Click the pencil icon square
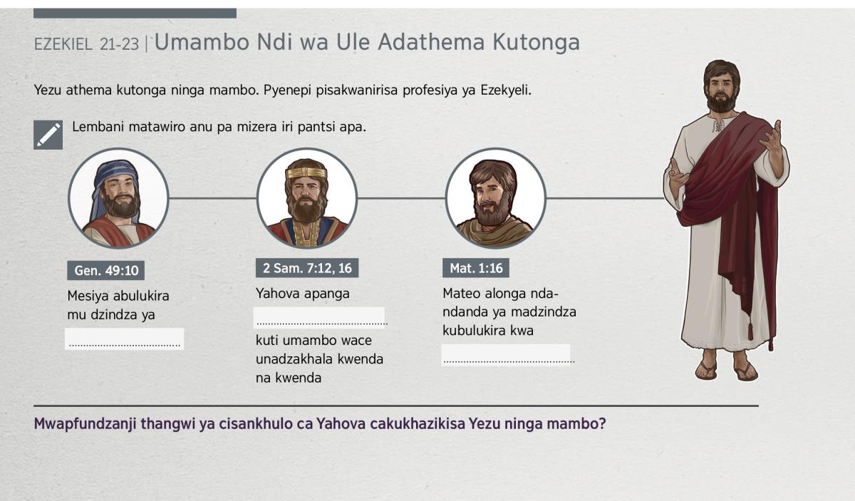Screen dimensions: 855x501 coord(48,135)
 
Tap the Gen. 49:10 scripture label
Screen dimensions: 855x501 coord(105,270)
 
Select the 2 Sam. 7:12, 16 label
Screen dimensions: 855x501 coord(307,268)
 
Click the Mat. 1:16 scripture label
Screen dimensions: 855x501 coord(476,268)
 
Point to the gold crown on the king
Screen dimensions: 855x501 coord(306,173)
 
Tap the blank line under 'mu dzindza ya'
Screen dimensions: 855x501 coord(125,339)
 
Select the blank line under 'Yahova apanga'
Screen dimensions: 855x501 coord(319,318)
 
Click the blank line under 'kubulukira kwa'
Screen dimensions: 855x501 coord(506,355)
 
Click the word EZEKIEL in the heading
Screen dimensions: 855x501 coord(63,45)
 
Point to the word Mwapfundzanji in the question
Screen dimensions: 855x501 coord(85,424)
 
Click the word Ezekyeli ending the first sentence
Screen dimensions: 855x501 coord(506,91)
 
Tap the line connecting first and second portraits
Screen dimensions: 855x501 coord(212,198)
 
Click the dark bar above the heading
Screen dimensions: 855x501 coord(135,14)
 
